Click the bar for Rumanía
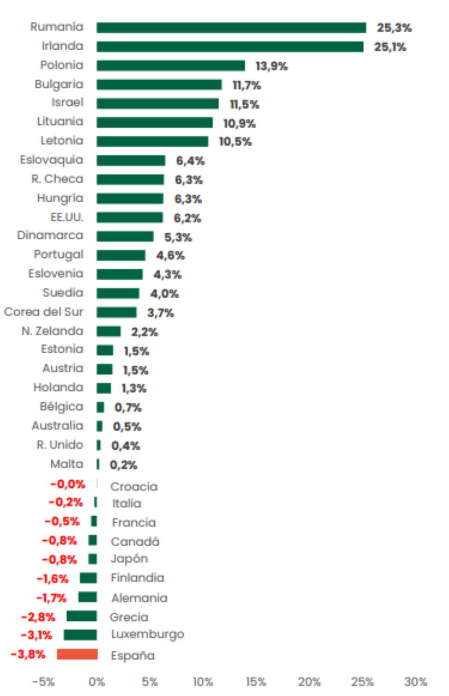[231, 28]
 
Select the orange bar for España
[77, 654]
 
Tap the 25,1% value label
[390, 47]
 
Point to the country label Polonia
[62, 65]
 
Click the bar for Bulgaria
[159, 85]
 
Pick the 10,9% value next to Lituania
[239, 124]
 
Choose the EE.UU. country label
[67, 217]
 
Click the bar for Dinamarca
[125, 236]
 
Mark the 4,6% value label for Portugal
[170, 255]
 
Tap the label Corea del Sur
[44, 312]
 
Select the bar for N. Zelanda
[109, 331]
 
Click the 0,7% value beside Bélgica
[128, 407]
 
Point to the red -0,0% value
[68, 484]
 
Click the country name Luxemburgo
[147, 635]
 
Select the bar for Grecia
[82, 616]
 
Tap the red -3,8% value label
[28, 655]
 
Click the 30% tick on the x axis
[415, 682]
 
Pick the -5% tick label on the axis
[43, 682]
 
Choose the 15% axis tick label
[256, 682]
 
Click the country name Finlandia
[137, 578]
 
